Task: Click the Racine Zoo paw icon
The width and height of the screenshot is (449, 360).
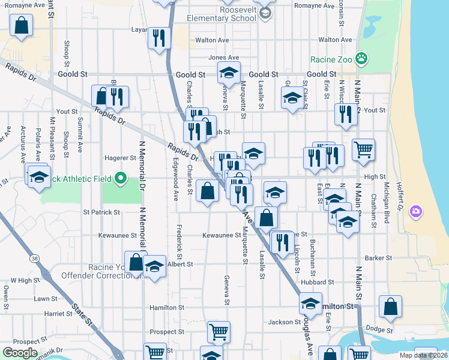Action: [361, 59]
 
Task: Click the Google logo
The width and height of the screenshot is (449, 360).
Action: [20, 352]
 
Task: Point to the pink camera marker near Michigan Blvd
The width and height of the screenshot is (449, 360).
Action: [415, 212]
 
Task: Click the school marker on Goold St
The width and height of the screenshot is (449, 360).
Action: [229, 73]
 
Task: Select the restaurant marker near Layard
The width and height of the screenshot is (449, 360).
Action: [159, 38]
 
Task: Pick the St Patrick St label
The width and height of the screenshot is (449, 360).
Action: [101, 212]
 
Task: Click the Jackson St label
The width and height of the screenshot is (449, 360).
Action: [280, 322]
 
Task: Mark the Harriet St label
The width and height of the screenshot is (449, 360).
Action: [58, 313]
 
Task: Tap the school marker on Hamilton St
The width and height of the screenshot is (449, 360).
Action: [310, 304]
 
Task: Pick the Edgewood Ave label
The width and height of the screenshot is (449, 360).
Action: [175, 179]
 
